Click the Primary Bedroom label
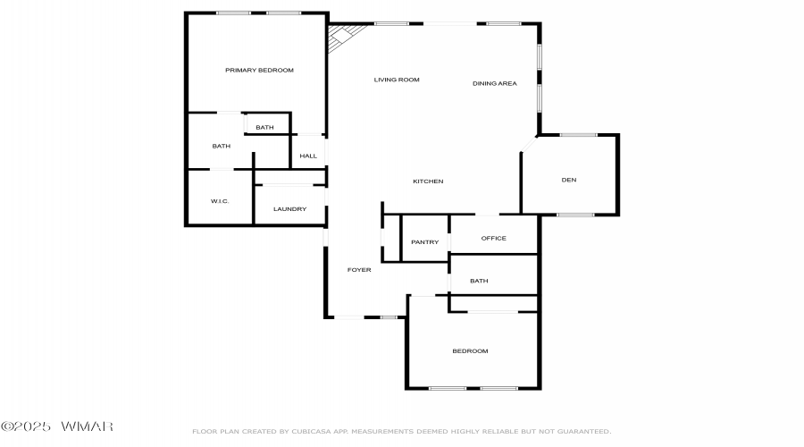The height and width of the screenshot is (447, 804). [x=259, y=71]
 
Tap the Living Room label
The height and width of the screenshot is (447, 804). [x=397, y=80]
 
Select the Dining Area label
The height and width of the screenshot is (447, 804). [x=494, y=83]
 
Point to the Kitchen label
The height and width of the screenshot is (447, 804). [x=428, y=181]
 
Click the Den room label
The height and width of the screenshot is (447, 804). [x=569, y=180]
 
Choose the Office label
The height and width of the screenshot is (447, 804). [x=493, y=238]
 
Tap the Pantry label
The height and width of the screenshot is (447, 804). [x=424, y=241]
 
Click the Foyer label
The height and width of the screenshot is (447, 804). [x=359, y=269]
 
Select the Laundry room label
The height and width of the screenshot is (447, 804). [x=289, y=209]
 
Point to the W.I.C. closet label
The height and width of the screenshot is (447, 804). [x=220, y=201]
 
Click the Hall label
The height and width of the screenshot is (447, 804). [x=308, y=156]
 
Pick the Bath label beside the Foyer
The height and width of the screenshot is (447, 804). [x=479, y=281]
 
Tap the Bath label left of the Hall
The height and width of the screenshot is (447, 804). [x=264, y=127]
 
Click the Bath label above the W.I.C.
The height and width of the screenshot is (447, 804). [x=221, y=147]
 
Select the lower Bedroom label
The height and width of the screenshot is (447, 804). [x=470, y=351]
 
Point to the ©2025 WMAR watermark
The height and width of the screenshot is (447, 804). [x=57, y=426]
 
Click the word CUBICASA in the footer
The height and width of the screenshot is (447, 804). [x=311, y=432]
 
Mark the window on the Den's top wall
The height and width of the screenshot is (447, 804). [x=578, y=135]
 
